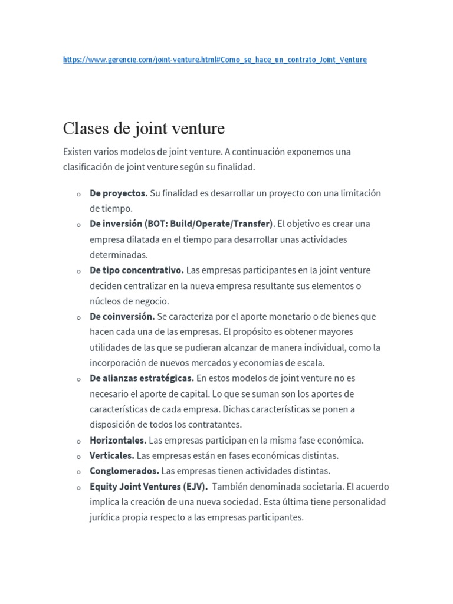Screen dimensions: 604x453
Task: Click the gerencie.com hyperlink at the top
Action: point(215,60)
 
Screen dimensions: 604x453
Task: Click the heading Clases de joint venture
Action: point(144,128)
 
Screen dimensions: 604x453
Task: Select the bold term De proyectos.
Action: point(119,193)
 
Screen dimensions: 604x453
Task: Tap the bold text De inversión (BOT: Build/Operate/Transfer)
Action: point(181,224)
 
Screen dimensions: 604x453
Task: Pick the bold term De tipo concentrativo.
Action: point(137,270)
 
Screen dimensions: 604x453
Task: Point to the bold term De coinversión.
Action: point(122,316)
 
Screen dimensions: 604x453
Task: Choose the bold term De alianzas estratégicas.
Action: point(142,377)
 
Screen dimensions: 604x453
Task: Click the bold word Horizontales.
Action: point(118,440)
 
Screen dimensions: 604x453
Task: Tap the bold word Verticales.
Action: point(112,455)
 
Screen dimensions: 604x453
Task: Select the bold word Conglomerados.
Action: point(124,471)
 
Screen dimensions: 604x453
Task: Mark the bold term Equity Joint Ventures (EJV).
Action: point(149,487)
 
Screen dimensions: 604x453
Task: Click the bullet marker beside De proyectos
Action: point(78,194)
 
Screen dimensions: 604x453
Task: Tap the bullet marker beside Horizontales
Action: point(78,441)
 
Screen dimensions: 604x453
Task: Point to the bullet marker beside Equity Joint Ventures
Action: point(78,488)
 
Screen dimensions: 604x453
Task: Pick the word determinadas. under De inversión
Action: point(119,255)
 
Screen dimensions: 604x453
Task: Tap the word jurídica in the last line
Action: point(105,517)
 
